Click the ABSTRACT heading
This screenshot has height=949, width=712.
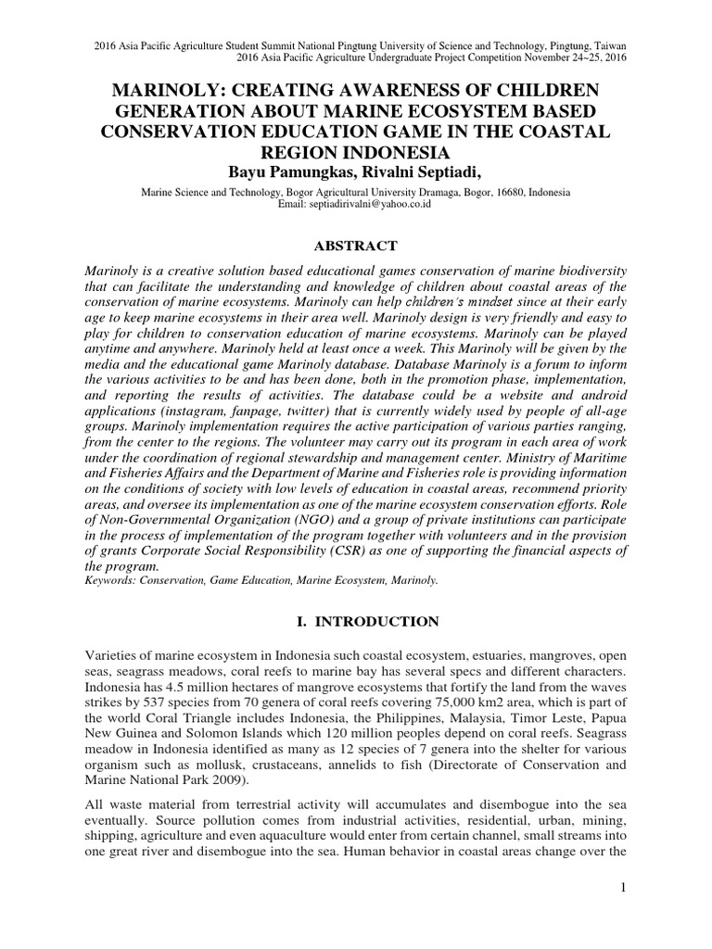pos(356,246)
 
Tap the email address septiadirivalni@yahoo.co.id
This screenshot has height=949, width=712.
pos(371,204)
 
